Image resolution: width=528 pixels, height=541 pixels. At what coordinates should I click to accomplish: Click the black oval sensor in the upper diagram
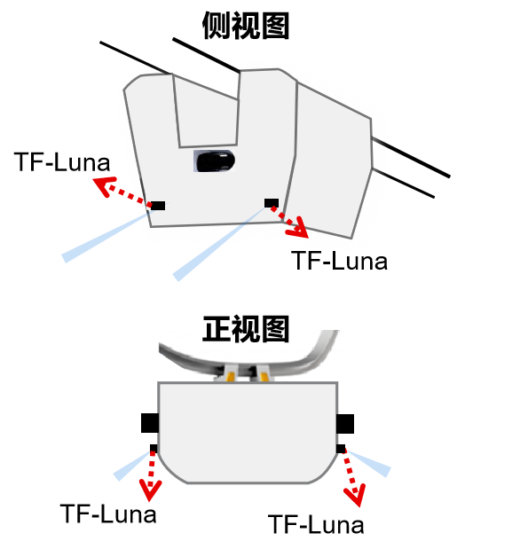tap(215, 161)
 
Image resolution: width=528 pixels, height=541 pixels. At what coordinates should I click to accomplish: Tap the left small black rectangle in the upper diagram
tap(157, 206)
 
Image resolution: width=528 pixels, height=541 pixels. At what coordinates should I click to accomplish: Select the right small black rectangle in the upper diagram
tap(272, 203)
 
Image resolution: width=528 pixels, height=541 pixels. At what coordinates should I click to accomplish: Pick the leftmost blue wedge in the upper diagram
tap(102, 236)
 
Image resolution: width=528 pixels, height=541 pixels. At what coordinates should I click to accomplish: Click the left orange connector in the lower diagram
tap(231, 377)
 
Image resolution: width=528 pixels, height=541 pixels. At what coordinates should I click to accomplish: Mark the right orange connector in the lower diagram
tap(264, 377)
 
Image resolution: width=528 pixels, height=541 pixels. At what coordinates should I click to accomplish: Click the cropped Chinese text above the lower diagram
tap(246, 334)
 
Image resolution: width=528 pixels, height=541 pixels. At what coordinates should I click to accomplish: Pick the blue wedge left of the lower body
tap(132, 465)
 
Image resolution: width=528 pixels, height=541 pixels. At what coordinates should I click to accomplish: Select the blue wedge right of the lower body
tap(368, 462)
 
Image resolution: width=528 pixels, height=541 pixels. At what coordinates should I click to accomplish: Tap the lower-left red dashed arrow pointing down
tap(150, 479)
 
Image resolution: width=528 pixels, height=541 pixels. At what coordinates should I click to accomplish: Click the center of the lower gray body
tap(248, 432)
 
